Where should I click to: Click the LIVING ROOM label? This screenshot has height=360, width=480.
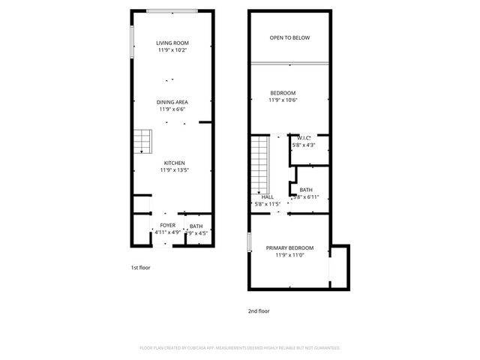172,43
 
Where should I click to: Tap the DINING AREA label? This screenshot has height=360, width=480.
172,102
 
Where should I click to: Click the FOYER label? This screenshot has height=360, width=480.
167,225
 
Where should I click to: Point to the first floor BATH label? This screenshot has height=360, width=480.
196,226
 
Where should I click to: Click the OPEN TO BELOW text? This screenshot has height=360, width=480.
289,37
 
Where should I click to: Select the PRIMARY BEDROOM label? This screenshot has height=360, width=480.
289,247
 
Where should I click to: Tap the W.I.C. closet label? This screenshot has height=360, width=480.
304,138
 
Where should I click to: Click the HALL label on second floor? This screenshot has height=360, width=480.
267,196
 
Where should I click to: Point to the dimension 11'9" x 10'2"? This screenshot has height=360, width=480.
172,50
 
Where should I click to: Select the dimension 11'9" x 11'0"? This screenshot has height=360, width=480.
289,255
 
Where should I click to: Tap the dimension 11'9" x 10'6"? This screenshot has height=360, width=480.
283,100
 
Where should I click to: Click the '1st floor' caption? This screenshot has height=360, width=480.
141,267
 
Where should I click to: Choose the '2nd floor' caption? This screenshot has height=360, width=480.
259,310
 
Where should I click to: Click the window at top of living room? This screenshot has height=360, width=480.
172,10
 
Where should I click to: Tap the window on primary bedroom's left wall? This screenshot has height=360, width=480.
249,244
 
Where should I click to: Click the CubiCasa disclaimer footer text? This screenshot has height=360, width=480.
240,348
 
